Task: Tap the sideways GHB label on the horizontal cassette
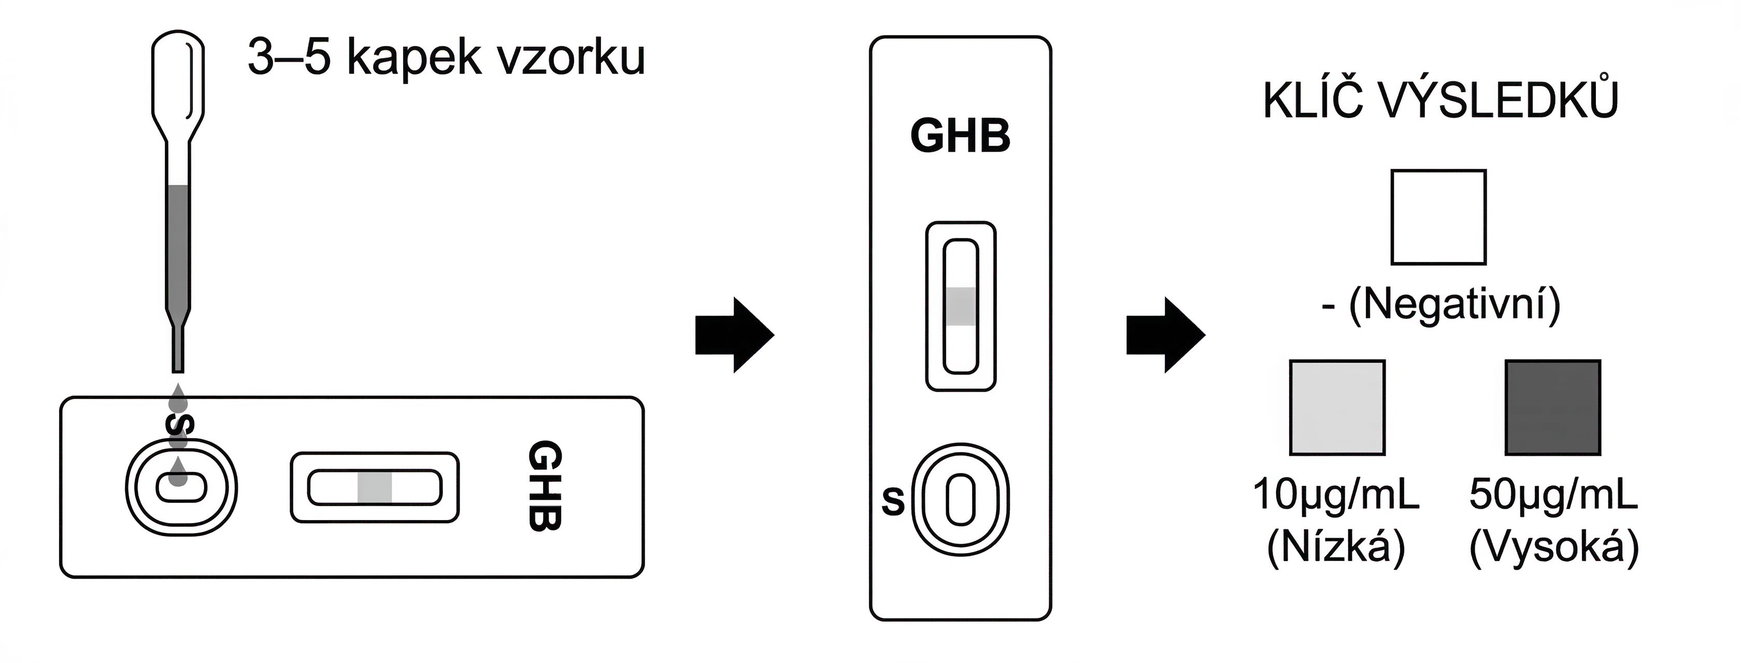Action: (x=544, y=486)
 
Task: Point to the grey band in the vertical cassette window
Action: (x=960, y=307)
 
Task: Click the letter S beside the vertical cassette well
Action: (x=893, y=501)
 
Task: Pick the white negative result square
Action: (x=1438, y=217)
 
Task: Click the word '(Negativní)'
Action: (x=1454, y=304)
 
